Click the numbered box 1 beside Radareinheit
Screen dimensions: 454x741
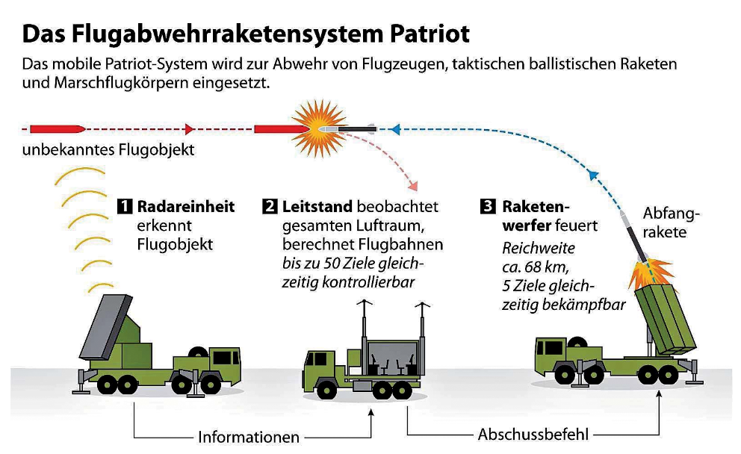coord(125,206)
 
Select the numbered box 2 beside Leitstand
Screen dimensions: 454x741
coord(270,206)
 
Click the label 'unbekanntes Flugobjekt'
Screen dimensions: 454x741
coord(108,150)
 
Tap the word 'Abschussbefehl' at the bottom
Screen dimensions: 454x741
coord(533,434)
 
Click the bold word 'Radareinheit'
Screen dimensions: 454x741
coord(186,206)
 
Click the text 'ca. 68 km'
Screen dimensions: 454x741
coord(533,267)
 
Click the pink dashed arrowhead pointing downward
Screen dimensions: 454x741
coord(412,184)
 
